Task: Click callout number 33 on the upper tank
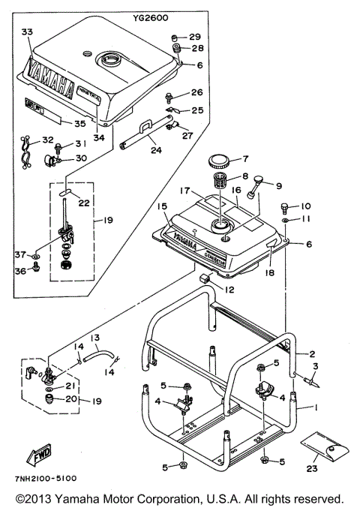28,32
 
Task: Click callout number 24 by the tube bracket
155,149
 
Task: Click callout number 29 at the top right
194,37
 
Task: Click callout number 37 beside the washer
22,255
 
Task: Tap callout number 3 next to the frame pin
316,367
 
